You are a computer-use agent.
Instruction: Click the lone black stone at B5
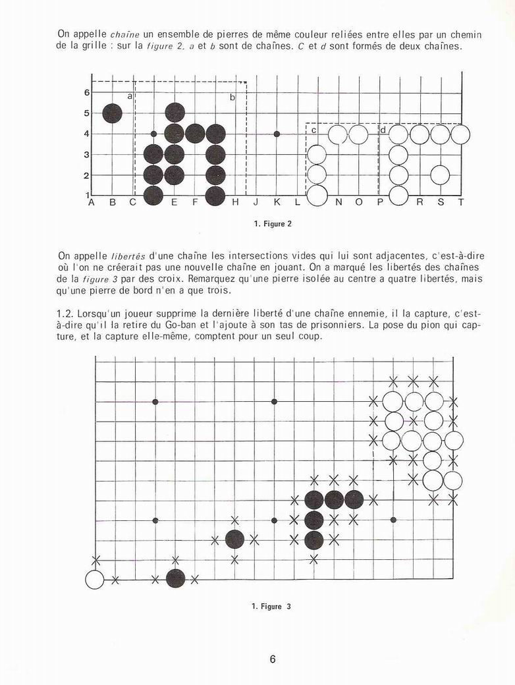tap(113, 113)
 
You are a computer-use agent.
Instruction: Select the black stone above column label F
tap(195, 134)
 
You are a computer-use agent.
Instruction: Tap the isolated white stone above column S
tap(439, 175)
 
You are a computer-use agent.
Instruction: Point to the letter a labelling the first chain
tap(130, 96)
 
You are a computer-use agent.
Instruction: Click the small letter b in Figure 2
tap(232, 97)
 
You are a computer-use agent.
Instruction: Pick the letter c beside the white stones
tap(313, 130)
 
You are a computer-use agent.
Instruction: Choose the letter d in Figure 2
tap(383, 130)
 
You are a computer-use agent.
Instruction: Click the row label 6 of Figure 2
tap(87, 93)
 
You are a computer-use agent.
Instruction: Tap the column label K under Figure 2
tap(277, 203)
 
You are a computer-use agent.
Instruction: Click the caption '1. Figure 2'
tap(272, 224)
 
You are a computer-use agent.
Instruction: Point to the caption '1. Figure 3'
tap(271, 607)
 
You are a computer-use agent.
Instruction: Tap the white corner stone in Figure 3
tap(95, 580)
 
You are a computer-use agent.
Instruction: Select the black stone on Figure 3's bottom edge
tap(175, 579)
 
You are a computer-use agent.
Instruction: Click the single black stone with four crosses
tap(235, 539)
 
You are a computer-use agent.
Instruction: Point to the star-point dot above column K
tap(277, 134)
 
